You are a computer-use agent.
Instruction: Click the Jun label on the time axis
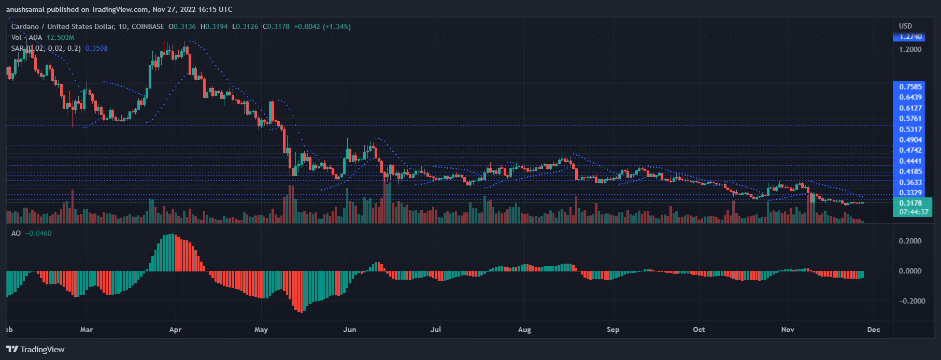pos(350,330)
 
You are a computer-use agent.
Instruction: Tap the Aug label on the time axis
pos(524,330)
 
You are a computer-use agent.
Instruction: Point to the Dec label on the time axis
pos(874,330)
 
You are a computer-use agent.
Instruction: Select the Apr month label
pos(175,330)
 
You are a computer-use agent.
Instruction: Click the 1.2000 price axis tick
pos(910,50)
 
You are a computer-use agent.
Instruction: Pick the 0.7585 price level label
pos(910,87)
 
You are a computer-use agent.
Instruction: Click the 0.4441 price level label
pos(910,161)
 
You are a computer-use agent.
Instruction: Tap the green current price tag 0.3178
pos(910,203)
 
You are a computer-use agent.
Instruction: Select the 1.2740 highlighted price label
pos(910,37)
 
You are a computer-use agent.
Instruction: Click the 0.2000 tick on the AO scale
pos(910,241)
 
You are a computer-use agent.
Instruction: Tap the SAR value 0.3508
pos(96,48)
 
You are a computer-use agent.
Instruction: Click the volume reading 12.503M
pos(60,37)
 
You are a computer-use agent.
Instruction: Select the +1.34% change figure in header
pos(337,26)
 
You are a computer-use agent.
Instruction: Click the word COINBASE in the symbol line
pos(148,26)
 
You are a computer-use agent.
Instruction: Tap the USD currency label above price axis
pos(905,26)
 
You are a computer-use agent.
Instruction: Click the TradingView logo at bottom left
pos(35,350)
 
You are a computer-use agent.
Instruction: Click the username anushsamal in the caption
pos(25,9)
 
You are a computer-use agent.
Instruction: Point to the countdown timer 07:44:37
pos(914,212)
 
